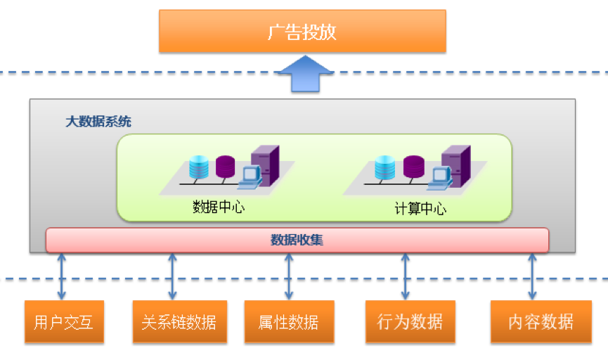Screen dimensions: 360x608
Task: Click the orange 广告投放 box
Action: click(302, 32)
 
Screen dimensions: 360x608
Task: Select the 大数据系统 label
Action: click(98, 122)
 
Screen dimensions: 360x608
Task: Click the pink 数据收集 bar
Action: click(297, 240)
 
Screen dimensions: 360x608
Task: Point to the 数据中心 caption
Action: click(219, 207)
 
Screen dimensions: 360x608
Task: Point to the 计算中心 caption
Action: click(420, 209)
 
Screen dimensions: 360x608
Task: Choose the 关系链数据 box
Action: click(179, 322)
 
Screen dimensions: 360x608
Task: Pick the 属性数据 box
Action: click(288, 322)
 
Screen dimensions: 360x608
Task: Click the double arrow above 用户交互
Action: click(62, 276)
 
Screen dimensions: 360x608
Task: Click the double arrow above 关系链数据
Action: click(172, 276)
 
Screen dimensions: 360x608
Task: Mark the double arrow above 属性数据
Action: click(289, 276)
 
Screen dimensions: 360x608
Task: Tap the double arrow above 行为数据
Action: click(406, 276)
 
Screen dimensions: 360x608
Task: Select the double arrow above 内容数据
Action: click(532, 276)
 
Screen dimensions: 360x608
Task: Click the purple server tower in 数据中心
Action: click(265, 165)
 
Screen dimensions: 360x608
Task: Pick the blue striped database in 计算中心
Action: click(384, 167)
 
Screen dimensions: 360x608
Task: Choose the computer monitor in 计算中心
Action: click(439, 176)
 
